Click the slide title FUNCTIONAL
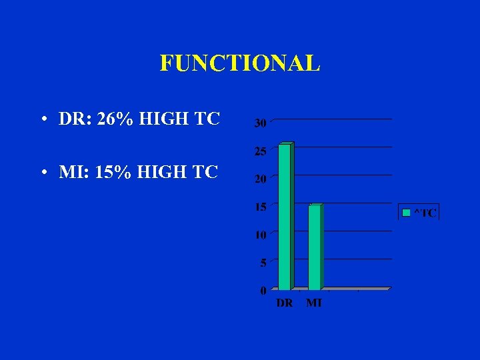(240, 63)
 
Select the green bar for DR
(285, 217)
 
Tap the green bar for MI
(315, 247)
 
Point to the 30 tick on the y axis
(260, 123)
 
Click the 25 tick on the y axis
(260, 151)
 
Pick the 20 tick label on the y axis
(260, 179)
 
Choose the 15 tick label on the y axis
(260, 207)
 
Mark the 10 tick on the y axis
(260, 235)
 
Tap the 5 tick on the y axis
(263, 263)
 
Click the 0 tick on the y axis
(263, 291)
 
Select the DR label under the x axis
(285, 303)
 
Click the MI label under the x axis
(314, 303)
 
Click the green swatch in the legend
(405, 213)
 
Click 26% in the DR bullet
(114, 119)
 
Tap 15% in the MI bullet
(113, 172)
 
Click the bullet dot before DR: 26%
(43, 121)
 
